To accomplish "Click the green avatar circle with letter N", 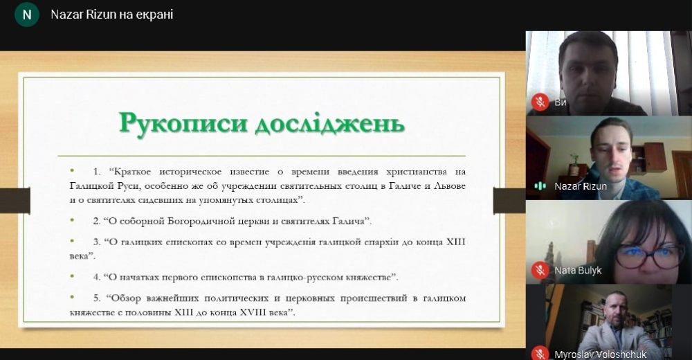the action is (x=27, y=15).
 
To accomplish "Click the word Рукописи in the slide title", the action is (x=183, y=123).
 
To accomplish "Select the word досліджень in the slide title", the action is (x=329, y=124).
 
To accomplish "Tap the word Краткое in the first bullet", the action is (x=132, y=172).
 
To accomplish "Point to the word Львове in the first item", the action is (x=450, y=186).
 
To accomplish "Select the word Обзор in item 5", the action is (x=125, y=298).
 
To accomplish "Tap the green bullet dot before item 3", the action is (x=73, y=241).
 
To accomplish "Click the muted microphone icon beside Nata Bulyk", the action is (x=540, y=270).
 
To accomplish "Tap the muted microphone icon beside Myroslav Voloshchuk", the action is (x=540, y=353).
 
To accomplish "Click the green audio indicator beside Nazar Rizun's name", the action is (x=540, y=186).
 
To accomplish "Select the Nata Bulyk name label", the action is (x=578, y=270).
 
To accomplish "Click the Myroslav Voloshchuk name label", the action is (x=600, y=354).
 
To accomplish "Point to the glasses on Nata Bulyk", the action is (x=649, y=255).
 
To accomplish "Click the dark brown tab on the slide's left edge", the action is (x=15, y=201).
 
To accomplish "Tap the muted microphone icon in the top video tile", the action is (x=540, y=102).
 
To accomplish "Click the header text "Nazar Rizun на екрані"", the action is (x=111, y=15).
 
